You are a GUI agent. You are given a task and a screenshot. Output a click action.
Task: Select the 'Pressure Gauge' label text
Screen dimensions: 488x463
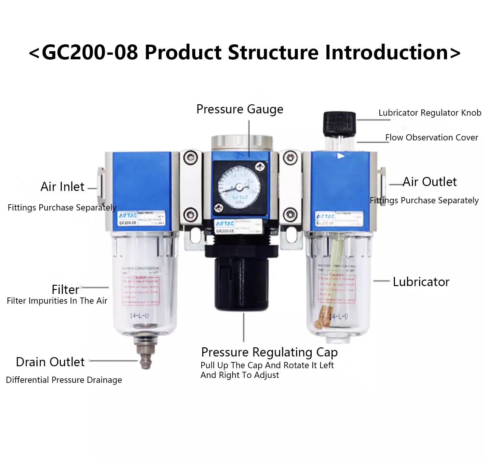click(240, 109)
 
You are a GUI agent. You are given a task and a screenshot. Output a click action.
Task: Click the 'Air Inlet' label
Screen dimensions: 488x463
click(62, 187)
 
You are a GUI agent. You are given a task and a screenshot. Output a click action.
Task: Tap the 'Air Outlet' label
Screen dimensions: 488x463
click(430, 182)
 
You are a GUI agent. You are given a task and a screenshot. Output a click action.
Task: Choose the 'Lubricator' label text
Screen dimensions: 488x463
click(421, 282)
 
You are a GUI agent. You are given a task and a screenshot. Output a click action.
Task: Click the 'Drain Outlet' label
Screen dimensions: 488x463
click(50, 362)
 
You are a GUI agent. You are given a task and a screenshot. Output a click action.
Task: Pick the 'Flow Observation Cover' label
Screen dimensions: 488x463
click(431, 137)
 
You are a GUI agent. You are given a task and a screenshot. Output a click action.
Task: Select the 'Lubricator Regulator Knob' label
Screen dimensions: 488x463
click(430, 113)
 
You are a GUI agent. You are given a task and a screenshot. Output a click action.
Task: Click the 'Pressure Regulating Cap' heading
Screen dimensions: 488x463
click(269, 352)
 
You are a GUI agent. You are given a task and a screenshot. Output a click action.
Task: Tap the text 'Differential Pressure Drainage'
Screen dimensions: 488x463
click(64, 380)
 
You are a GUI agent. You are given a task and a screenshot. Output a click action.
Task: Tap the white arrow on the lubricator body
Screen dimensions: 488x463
click(340, 156)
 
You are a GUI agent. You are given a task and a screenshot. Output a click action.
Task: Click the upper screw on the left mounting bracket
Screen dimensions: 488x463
click(190, 158)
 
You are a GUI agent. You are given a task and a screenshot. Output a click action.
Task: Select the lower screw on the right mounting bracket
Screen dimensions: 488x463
click(290, 214)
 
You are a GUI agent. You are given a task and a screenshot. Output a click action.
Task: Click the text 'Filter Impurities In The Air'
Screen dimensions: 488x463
click(57, 301)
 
